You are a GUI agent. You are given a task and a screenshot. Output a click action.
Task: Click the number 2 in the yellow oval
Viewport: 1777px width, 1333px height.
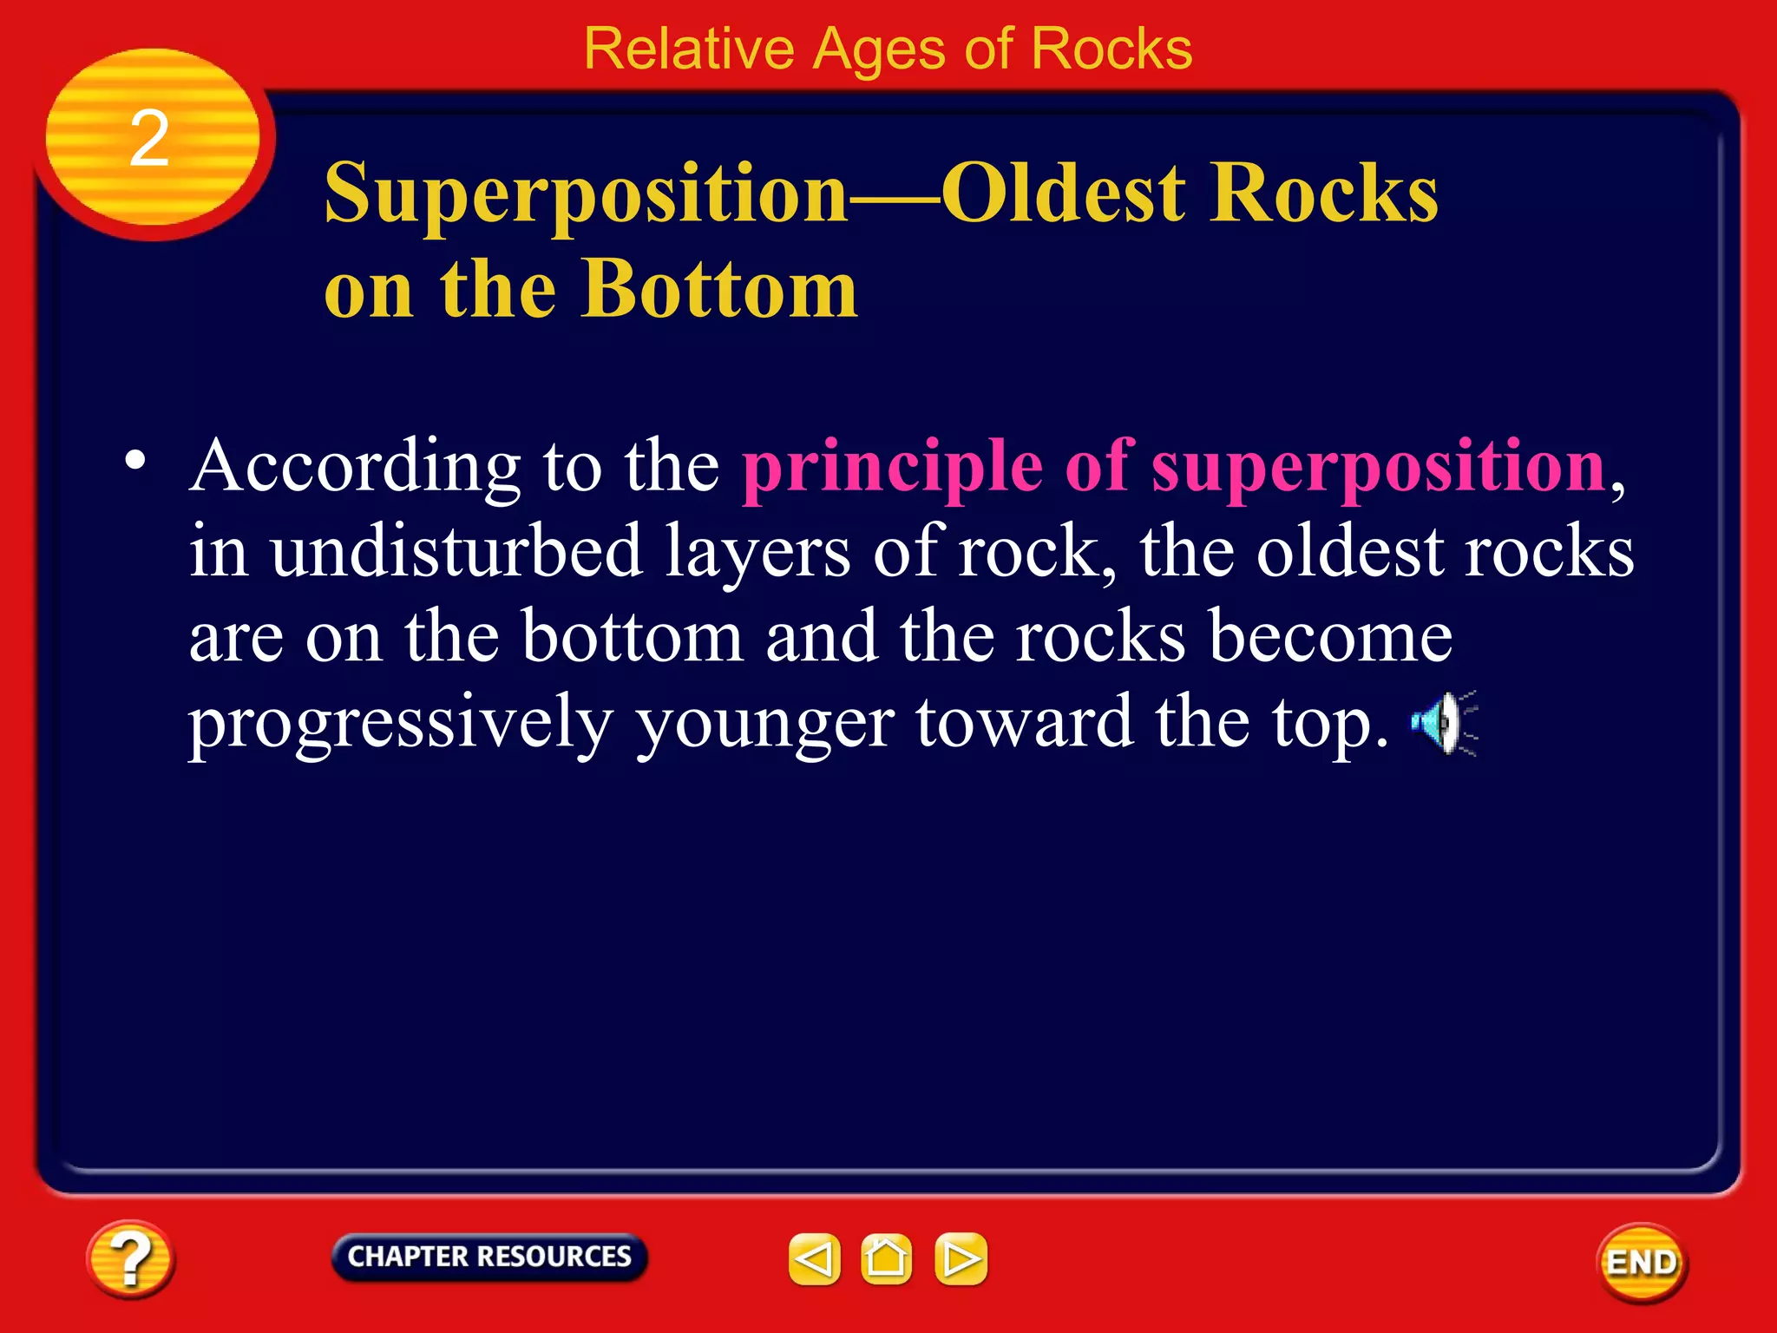[x=149, y=139]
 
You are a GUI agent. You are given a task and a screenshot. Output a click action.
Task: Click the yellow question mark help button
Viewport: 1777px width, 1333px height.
[x=130, y=1258]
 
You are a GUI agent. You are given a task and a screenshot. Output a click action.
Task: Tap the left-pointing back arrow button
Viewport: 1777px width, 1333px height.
[x=814, y=1258]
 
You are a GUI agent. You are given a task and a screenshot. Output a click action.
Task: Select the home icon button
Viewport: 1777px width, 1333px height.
[x=886, y=1258]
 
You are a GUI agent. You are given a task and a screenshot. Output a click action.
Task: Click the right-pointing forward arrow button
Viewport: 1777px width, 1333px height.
[x=961, y=1258]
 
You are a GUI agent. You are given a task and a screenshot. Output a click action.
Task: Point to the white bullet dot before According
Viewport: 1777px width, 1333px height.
[x=134, y=461]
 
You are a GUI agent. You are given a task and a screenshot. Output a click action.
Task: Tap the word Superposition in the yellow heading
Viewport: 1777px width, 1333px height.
[x=586, y=195]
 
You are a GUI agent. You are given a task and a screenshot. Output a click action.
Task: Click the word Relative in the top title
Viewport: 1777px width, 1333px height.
[x=688, y=49]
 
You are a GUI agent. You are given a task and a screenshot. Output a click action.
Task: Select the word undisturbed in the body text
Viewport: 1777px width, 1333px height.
[x=456, y=551]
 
